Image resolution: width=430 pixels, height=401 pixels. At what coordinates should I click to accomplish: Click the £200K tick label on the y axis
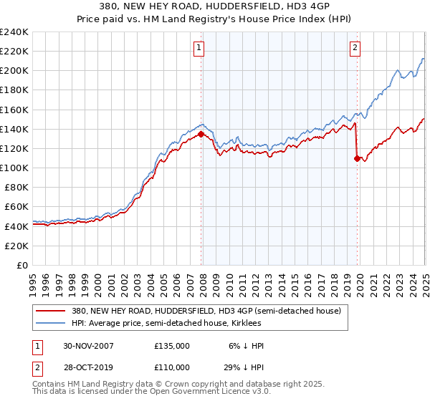14,71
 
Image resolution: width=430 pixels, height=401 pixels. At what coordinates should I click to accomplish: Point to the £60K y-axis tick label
16,207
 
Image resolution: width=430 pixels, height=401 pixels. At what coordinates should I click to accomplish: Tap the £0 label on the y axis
23,265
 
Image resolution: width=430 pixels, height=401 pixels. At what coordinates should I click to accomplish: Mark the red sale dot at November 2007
201,133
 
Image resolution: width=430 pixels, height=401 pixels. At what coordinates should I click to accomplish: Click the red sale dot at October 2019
357,158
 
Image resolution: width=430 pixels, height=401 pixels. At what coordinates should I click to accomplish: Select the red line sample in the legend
50,311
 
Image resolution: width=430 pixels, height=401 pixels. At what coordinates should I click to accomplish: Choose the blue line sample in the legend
50,323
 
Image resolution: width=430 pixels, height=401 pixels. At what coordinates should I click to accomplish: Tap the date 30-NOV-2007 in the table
88,345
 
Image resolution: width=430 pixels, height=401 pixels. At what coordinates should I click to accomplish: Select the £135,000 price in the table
172,345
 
